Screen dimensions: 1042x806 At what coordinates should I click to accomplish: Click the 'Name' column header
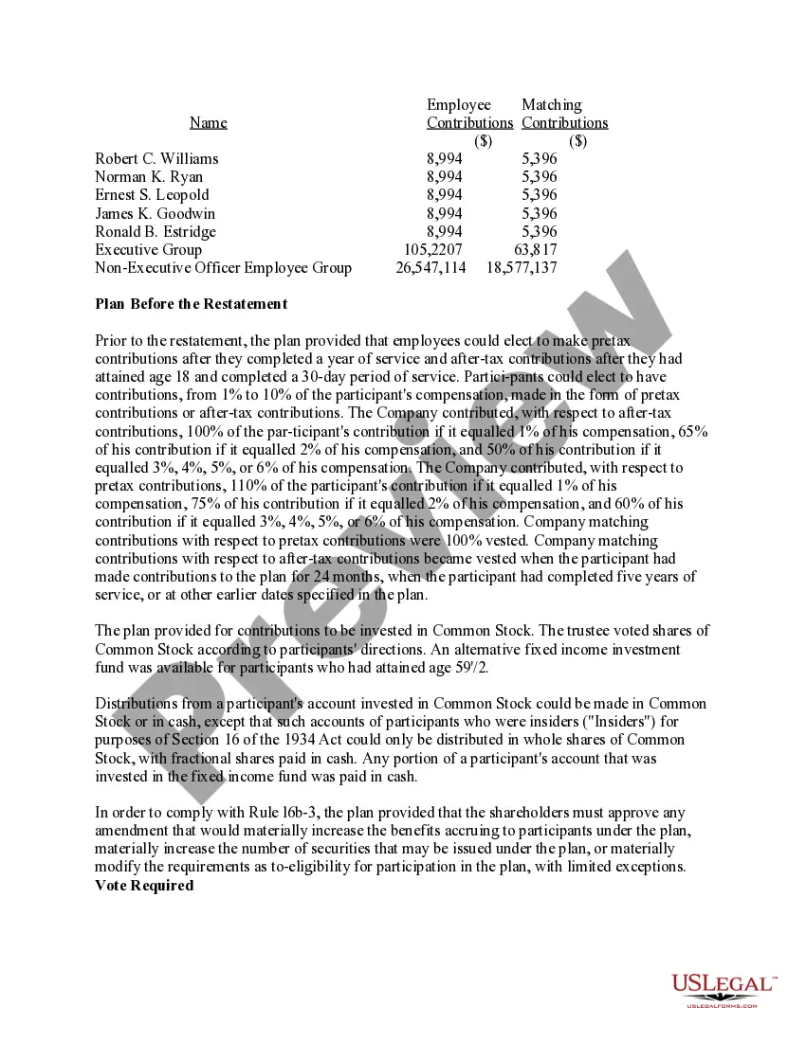tap(209, 122)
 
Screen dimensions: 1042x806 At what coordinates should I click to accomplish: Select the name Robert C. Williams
tap(156, 158)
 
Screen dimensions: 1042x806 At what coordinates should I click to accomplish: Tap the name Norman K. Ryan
tap(149, 177)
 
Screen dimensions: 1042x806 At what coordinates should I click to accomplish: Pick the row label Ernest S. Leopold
tap(152, 195)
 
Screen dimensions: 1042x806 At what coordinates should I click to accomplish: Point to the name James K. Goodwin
tap(155, 213)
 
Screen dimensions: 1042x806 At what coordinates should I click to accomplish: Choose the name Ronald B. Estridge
tap(156, 231)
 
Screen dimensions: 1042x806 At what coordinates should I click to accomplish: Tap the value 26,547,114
tap(430, 268)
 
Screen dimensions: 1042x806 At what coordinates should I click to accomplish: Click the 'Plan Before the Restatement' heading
tap(191, 304)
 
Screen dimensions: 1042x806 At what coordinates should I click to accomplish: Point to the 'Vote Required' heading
tap(144, 886)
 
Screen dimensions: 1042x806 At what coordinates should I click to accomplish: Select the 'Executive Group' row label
tap(148, 250)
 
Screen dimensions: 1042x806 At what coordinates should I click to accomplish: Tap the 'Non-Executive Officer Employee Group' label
tap(223, 268)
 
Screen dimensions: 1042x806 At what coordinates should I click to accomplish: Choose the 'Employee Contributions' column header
tap(469, 114)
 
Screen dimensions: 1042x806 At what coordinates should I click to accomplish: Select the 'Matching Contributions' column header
tap(564, 114)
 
